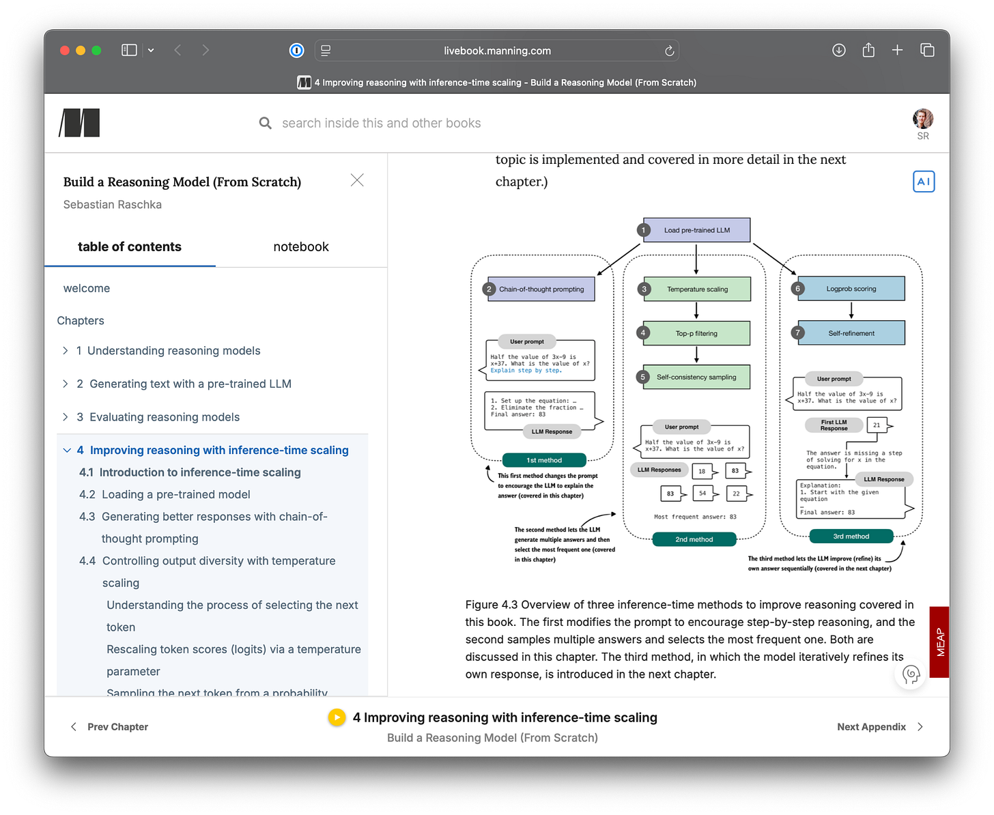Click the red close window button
[x=65, y=51]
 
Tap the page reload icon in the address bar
[x=669, y=51]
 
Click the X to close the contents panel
[x=357, y=180]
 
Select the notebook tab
[x=300, y=247]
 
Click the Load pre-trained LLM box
[x=696, y=230]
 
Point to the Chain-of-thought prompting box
[x=541, y=289]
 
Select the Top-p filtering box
[x=696, y=334]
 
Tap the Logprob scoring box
[x=851, y=289]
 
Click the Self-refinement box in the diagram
[x=851, y=333]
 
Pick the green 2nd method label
[x=694, y=539]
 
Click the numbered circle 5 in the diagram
[x=642, y=377]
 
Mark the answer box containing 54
[x=703, y=493]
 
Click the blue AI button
[x=923, y=182]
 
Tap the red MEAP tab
[x=939, y=642]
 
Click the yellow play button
[x=337, y=717]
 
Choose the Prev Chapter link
[x=117, y=727]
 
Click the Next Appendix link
[x=871, y=727]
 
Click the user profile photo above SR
[x=923, y=119]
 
